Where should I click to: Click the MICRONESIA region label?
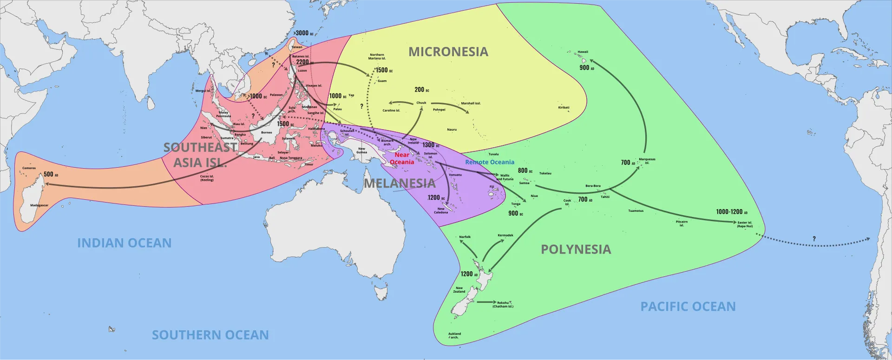click(448, 52)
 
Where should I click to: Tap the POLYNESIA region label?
click(576, 249)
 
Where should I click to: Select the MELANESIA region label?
click(400, 183)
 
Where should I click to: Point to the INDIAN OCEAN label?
click(124, 243)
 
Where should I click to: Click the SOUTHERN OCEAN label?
click(210, 335)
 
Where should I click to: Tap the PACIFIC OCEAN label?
click(688, 307)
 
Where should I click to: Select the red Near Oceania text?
click(402, 158)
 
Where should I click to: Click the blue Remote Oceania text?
click(490, 162)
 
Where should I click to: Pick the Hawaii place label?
click(583, 52)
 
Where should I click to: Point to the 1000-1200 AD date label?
click(731, 212)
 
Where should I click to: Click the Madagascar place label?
click(39, 205)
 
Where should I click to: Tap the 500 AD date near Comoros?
click(51, 175)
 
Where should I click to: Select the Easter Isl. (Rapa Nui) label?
click(745, 224)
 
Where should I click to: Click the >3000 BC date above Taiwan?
click(303, 33)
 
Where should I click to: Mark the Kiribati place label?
click(564, 107)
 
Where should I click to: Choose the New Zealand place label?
click(459, 290)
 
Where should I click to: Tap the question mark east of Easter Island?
click(814, 239)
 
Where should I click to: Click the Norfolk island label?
click(465, 237)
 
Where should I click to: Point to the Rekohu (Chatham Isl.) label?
click(503, 305)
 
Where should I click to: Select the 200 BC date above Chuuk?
click(421, 90)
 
